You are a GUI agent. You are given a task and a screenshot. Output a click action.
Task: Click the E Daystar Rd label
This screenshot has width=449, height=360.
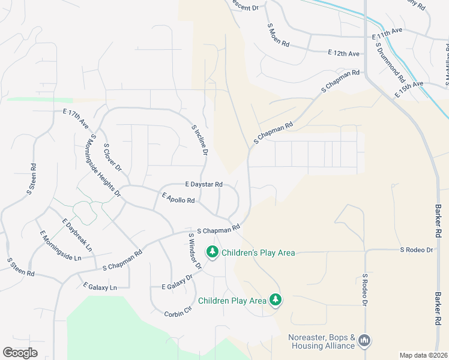(204, 184)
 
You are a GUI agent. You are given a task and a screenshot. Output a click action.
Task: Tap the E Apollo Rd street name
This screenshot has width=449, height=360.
(178, 197)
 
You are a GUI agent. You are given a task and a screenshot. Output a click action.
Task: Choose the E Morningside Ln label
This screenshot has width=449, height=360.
(60, 245)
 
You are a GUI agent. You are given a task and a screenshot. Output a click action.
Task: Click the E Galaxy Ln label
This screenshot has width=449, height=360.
(100, 287)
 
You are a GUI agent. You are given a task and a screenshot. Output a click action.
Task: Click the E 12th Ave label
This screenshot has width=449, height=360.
(344, 53)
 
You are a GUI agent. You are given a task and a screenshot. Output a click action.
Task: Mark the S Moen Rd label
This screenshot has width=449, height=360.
(279, 35)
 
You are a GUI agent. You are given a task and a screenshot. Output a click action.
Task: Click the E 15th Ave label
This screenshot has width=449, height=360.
(409, 90)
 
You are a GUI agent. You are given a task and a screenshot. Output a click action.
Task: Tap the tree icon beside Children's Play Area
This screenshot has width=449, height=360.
(212, 252)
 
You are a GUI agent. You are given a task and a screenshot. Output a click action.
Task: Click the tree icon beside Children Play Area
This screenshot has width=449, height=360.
(276, 300)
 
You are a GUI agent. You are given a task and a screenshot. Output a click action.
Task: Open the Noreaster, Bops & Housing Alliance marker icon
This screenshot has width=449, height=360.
(364, 341)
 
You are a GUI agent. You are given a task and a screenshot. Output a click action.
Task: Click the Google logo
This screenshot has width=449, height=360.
(20, 352)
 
